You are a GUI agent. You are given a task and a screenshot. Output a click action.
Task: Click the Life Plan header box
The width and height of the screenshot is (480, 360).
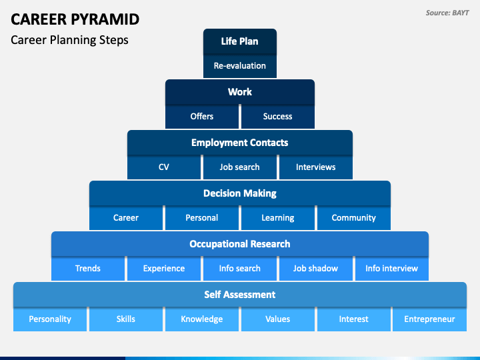point(240,41)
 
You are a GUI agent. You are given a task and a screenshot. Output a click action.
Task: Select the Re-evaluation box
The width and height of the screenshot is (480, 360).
point(240,66)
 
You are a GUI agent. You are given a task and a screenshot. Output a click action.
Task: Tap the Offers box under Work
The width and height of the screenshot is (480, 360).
point(202,117)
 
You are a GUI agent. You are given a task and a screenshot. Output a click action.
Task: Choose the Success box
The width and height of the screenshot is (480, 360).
point(277,117)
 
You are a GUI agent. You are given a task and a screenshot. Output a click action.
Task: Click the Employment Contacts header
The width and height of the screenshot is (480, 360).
point(240,143)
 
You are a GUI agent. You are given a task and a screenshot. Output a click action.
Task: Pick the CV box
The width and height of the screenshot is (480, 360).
point(164,167)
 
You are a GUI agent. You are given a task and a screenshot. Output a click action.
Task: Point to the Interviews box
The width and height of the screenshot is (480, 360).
point(315,167)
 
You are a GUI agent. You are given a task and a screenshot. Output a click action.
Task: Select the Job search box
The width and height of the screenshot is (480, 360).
point(240,167)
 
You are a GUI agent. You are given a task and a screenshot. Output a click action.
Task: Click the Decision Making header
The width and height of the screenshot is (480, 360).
point(240,193)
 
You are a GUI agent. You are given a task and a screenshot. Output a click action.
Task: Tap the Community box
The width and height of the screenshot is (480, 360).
point(353,218)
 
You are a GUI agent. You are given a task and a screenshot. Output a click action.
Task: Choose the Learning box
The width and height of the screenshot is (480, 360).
point(277,218)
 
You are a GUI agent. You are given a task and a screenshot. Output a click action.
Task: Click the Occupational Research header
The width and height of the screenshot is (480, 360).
point(240,244)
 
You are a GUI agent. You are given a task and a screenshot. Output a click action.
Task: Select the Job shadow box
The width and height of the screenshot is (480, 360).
point(315,269)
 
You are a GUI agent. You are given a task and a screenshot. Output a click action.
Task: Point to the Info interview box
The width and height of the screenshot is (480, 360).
point(391,269)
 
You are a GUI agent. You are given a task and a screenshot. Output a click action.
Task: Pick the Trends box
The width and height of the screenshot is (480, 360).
point(88,269)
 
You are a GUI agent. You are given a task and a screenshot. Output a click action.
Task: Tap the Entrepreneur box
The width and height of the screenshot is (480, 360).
point(429,319)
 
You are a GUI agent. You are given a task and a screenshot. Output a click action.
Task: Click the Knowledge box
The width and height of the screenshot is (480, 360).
point(202,319)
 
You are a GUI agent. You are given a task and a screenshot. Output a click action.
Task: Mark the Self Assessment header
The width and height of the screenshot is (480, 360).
point(240,295)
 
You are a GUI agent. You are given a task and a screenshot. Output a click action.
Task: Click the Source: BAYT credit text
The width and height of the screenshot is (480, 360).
point(447,13)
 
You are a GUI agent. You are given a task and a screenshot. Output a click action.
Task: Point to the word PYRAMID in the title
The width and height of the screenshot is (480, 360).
point(105,19)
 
